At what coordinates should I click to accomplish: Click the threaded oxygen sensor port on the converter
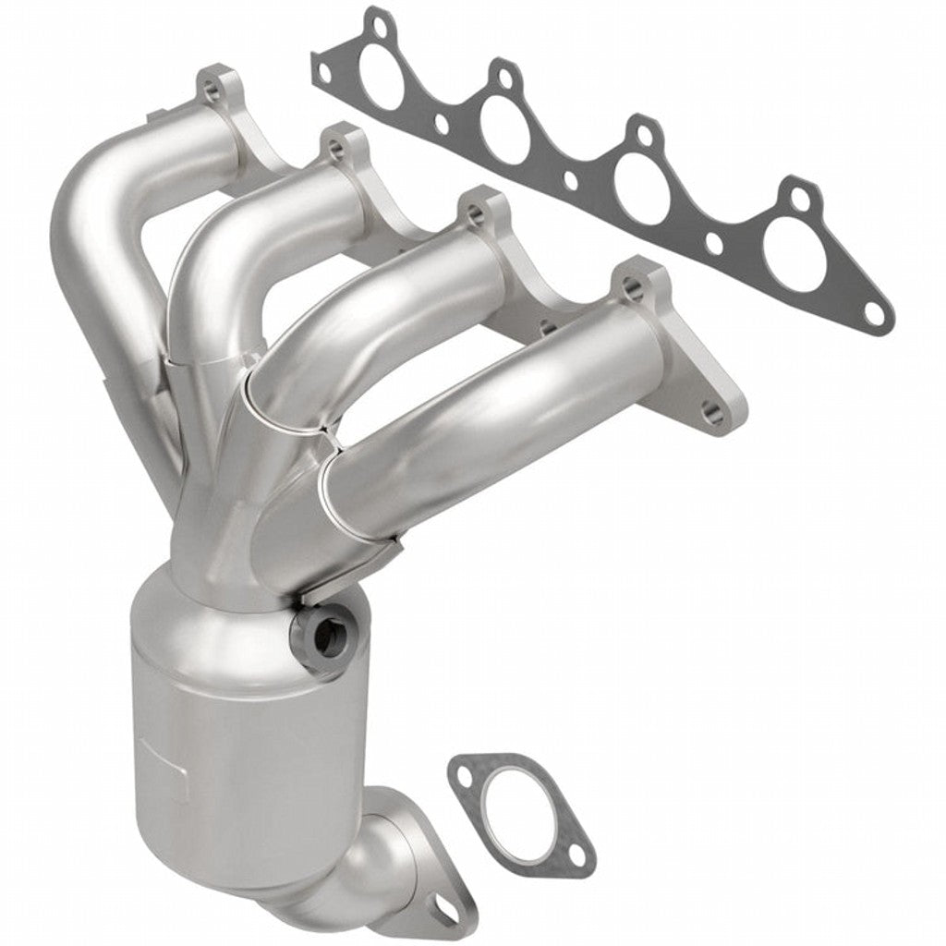point(324,633)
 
